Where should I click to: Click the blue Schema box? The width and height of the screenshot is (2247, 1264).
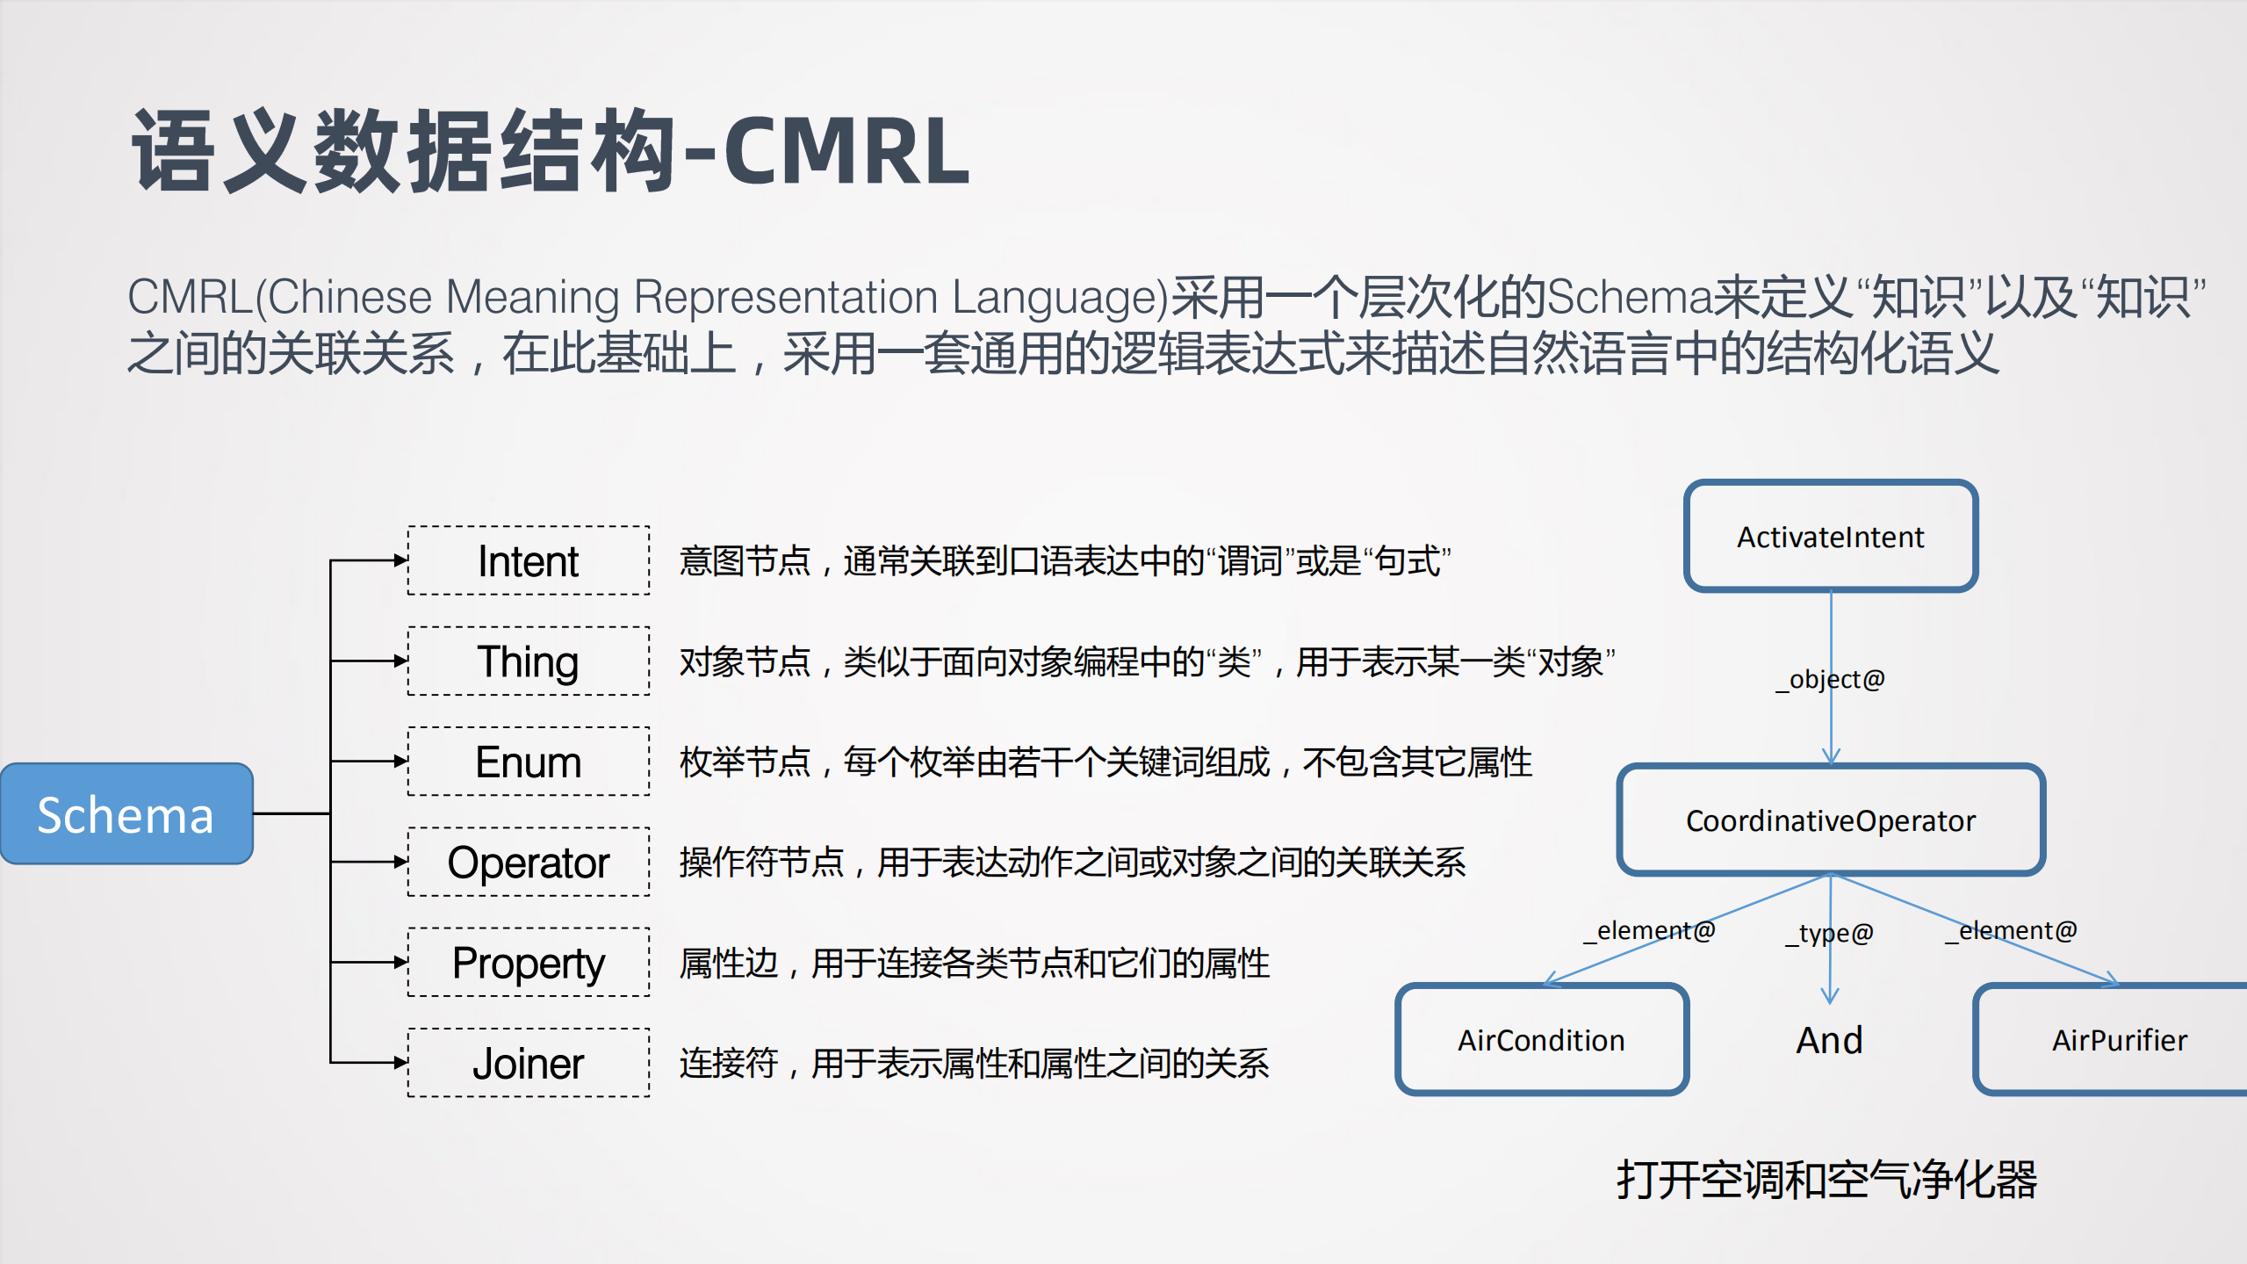click(126, 813)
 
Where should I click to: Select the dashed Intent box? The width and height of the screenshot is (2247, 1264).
click(529, 560)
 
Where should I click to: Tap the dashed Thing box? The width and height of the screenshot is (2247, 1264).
click(529, 661)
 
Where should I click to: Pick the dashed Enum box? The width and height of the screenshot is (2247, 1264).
click(529, 762)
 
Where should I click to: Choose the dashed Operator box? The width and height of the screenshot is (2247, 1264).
click(529, 862)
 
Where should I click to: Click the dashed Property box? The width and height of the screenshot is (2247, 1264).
click(529, 962)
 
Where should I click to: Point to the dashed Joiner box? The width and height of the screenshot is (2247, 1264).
click(529, 1063)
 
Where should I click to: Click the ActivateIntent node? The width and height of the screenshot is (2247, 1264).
click(1831, 536)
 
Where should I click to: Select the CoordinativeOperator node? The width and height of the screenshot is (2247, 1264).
click(1831, 820)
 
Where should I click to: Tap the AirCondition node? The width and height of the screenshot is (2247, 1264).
click(1541, 1039)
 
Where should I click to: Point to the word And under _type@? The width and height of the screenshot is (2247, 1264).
click(1829, 1040)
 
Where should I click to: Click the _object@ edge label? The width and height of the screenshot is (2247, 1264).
click(1831, 679)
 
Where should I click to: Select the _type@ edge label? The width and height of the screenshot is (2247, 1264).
click(1830, 933)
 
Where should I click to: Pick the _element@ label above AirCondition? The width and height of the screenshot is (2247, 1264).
click(1649, 930)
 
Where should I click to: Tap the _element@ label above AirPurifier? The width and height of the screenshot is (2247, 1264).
click(2012, 930)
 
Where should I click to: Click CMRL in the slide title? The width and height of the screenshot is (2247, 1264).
click(846, 151)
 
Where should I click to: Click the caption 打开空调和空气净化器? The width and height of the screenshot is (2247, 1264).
click(1826, 1179)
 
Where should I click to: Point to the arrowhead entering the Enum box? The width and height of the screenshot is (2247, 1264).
click(400, 762)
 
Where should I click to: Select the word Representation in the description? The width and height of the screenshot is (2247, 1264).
click(785, 297)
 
